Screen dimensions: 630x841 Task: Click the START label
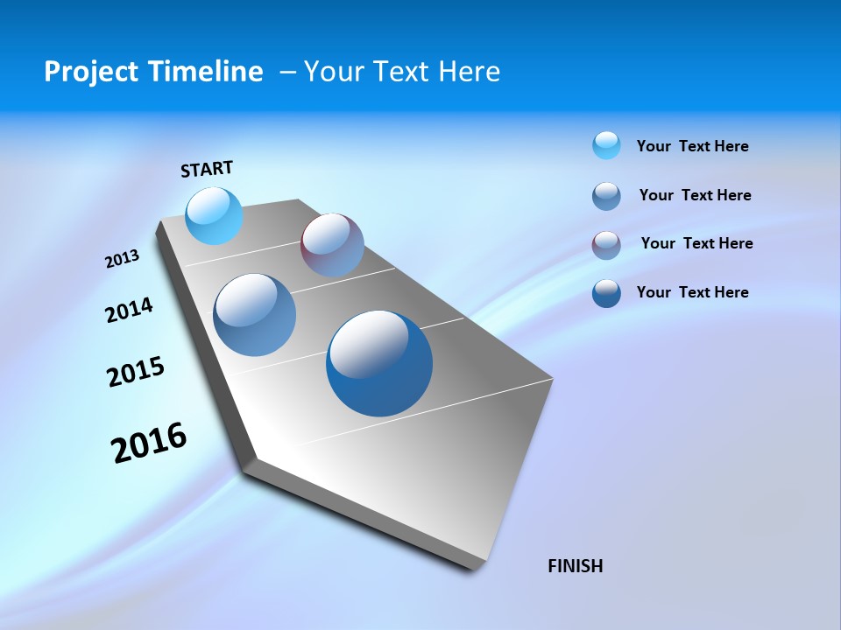click(207, 169)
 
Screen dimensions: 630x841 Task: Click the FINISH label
click(575, 566)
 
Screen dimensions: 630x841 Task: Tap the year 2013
click(122, 259)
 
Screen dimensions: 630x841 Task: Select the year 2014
click(129, 311)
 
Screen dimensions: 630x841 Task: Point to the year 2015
click(136, 372)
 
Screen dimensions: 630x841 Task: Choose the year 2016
click(149, 443)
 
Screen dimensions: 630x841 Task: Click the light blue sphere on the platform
click(214, 215)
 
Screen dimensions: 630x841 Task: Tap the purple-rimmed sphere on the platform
click(332, 245)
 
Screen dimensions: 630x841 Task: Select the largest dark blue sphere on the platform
click(379, 363)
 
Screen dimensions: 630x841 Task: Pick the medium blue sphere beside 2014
click(254, 315)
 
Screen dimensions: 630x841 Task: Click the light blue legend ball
click(606, 145)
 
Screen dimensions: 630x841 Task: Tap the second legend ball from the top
click(606, 196)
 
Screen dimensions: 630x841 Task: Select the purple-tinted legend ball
click(606, 245)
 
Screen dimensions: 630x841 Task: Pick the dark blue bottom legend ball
click(606, 293)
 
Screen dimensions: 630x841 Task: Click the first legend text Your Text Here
click(692, 147)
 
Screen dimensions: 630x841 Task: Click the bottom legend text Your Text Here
click(692, 292)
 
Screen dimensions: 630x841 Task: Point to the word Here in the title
click(469, 72)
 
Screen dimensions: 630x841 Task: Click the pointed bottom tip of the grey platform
click(478, 566)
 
